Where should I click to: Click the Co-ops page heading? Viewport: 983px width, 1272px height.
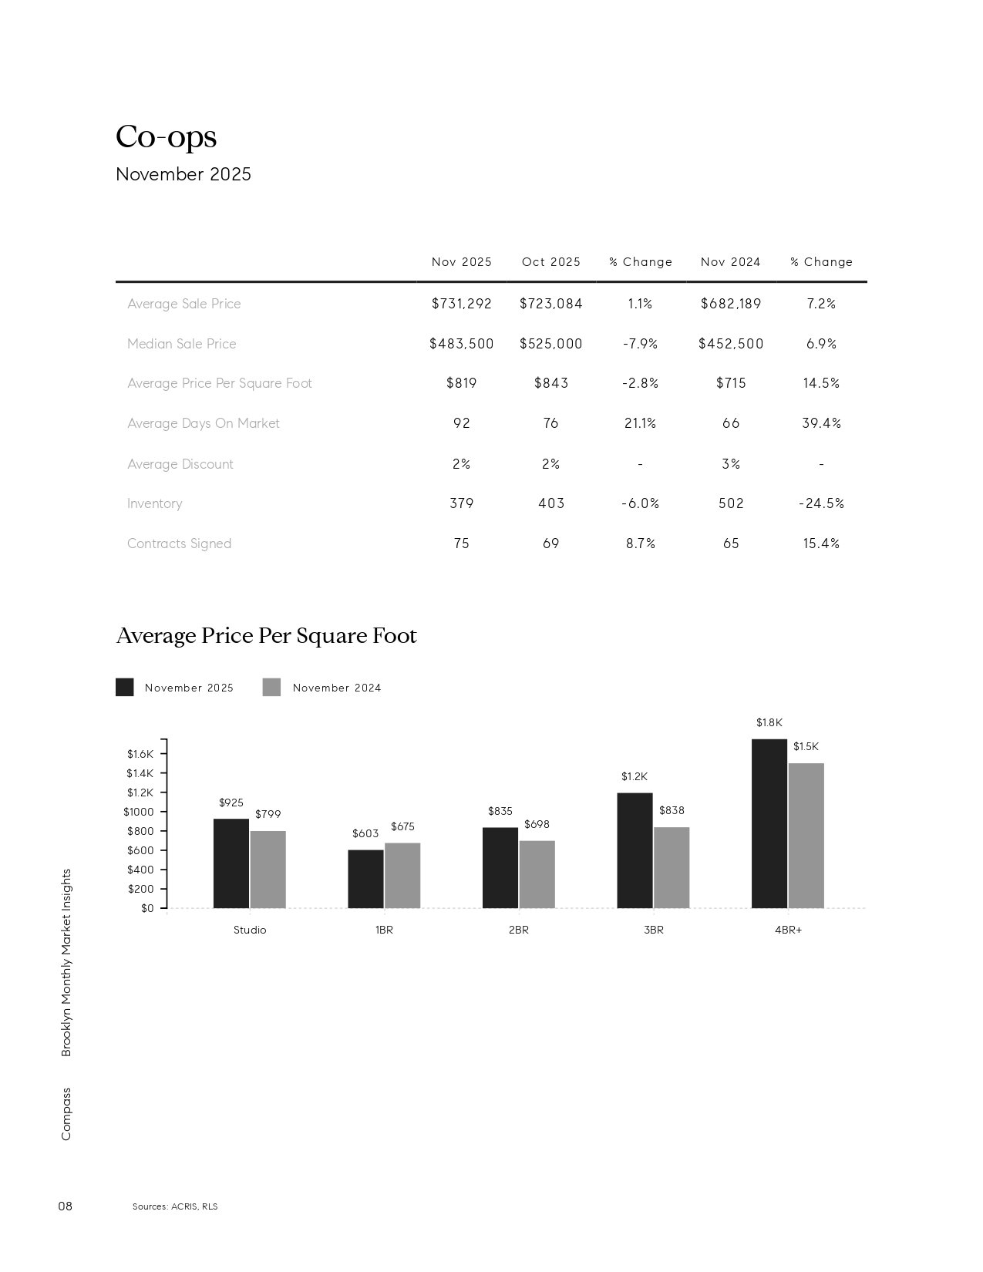(166, 137)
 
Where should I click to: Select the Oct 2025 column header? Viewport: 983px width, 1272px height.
(550, 262)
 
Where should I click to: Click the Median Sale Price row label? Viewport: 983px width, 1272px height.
(181, 344)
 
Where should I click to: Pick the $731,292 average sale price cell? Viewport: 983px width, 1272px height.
(461, 304)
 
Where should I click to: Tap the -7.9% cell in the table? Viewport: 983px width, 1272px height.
(640, 344)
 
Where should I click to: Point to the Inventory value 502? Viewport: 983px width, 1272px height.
(731, 503)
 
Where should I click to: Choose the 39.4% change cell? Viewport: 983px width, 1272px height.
(821, 423)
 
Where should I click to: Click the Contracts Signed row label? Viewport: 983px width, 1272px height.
(179, 543)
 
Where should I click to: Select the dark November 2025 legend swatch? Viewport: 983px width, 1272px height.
(124, 688)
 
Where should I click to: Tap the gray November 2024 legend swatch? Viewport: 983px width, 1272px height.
(271, 688)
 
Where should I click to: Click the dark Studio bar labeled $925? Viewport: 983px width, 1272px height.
(231, 863)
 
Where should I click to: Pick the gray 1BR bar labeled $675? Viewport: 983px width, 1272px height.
(402, 875)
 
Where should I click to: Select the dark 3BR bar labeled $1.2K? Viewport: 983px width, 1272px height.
(635, 850)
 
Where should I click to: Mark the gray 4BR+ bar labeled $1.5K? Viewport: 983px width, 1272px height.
(806, 836)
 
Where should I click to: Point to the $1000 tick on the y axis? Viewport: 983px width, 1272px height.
(139, 812)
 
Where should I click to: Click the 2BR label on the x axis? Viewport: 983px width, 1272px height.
(518, 930)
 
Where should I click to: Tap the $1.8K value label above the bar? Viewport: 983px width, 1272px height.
(769, 723)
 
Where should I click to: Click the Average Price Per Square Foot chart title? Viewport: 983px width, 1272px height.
(266, 636)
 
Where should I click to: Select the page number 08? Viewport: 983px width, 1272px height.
(66, 1206)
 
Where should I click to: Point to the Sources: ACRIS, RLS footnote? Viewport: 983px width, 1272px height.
(175, 1206)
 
